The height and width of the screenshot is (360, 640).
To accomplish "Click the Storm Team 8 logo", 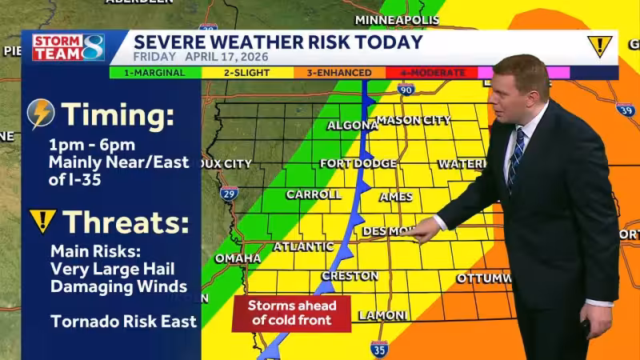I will pyautogui.click(x=57, y=47).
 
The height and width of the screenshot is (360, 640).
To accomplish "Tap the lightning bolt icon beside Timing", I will pyautogui.click(x=40, y=114).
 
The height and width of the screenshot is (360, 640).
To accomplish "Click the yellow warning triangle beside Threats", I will pyautogui.click(x=42, y=220).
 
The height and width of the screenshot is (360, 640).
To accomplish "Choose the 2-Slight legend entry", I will pyautogui.click(x=247, y=73).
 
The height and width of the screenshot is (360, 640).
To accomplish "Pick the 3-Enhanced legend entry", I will pyautogui.click(x=339, y=73).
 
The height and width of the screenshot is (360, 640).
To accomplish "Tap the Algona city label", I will pyautogui.click(x=352, y=126).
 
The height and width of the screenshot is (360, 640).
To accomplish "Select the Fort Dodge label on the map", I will pyautogui.click(x=358, y=163).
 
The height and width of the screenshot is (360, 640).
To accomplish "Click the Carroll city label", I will pyautogui.click(x=313, y=194).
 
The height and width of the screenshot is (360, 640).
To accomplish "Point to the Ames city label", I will pyautogui.click(x=396, y=197).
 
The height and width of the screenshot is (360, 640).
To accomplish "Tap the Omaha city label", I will pyautogui.click(x=238, y=258).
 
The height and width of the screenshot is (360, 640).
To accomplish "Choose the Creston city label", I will pyautogui.click(x=350, y=276).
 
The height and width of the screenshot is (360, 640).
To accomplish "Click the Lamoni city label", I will pyautogui.click(x=382, y=315).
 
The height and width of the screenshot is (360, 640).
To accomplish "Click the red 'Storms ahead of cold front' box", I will pyautogui.click(x=291, y=313).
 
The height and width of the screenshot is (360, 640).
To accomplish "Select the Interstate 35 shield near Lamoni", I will pyautogui.click(x=379, y=348).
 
